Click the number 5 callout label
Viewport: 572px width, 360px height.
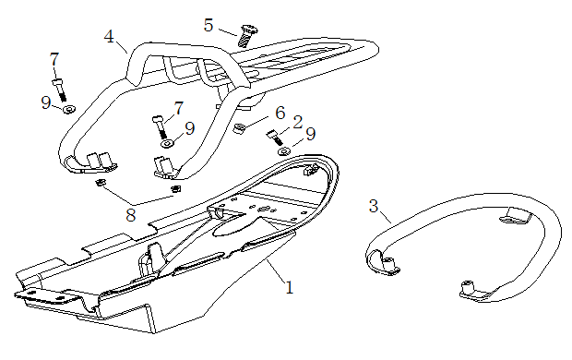(209, 25)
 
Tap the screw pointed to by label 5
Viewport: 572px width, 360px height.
(247, 35)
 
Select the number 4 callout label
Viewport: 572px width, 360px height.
(109, 37)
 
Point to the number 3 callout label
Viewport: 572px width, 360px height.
(374, 206)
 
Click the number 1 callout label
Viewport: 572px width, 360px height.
(290, 287)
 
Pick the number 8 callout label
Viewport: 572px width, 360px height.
(131, 215)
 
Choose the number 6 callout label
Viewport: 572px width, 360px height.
(280, 113)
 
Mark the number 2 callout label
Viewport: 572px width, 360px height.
(298, 122)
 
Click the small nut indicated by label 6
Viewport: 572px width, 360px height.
(239, 128)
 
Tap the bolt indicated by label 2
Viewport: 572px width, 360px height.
(275, 138)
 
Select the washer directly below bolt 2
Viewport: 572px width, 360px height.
(284, 150)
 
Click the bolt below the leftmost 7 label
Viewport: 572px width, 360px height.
(60, 90)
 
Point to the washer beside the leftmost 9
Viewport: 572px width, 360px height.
(68, 109)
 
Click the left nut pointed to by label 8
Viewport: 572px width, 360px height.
(99, 182)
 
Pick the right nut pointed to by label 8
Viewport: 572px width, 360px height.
(176, 188)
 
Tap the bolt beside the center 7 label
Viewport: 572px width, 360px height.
(160, 126)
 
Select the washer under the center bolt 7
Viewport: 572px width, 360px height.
(167, 144)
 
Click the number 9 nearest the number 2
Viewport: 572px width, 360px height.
(310, 134)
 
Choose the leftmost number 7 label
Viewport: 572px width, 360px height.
(54, 59)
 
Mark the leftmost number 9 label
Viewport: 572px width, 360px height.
(46, 102)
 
